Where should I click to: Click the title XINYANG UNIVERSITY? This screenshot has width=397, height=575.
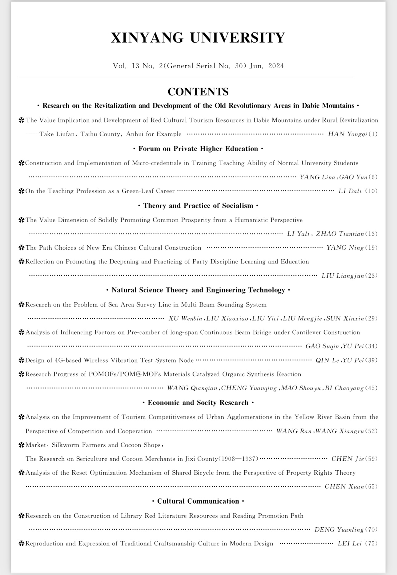(198, 38)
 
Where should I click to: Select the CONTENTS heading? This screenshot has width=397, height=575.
(198, 92)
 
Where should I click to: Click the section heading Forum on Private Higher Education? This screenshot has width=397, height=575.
(198, 149)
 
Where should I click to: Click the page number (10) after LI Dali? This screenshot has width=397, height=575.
(371, 191)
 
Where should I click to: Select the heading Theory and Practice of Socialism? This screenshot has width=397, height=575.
(198, 206)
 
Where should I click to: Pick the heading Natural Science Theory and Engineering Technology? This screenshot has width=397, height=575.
(198, 290)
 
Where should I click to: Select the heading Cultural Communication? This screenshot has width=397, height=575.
(198, 501)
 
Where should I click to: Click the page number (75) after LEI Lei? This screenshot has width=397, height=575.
(371, 543)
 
